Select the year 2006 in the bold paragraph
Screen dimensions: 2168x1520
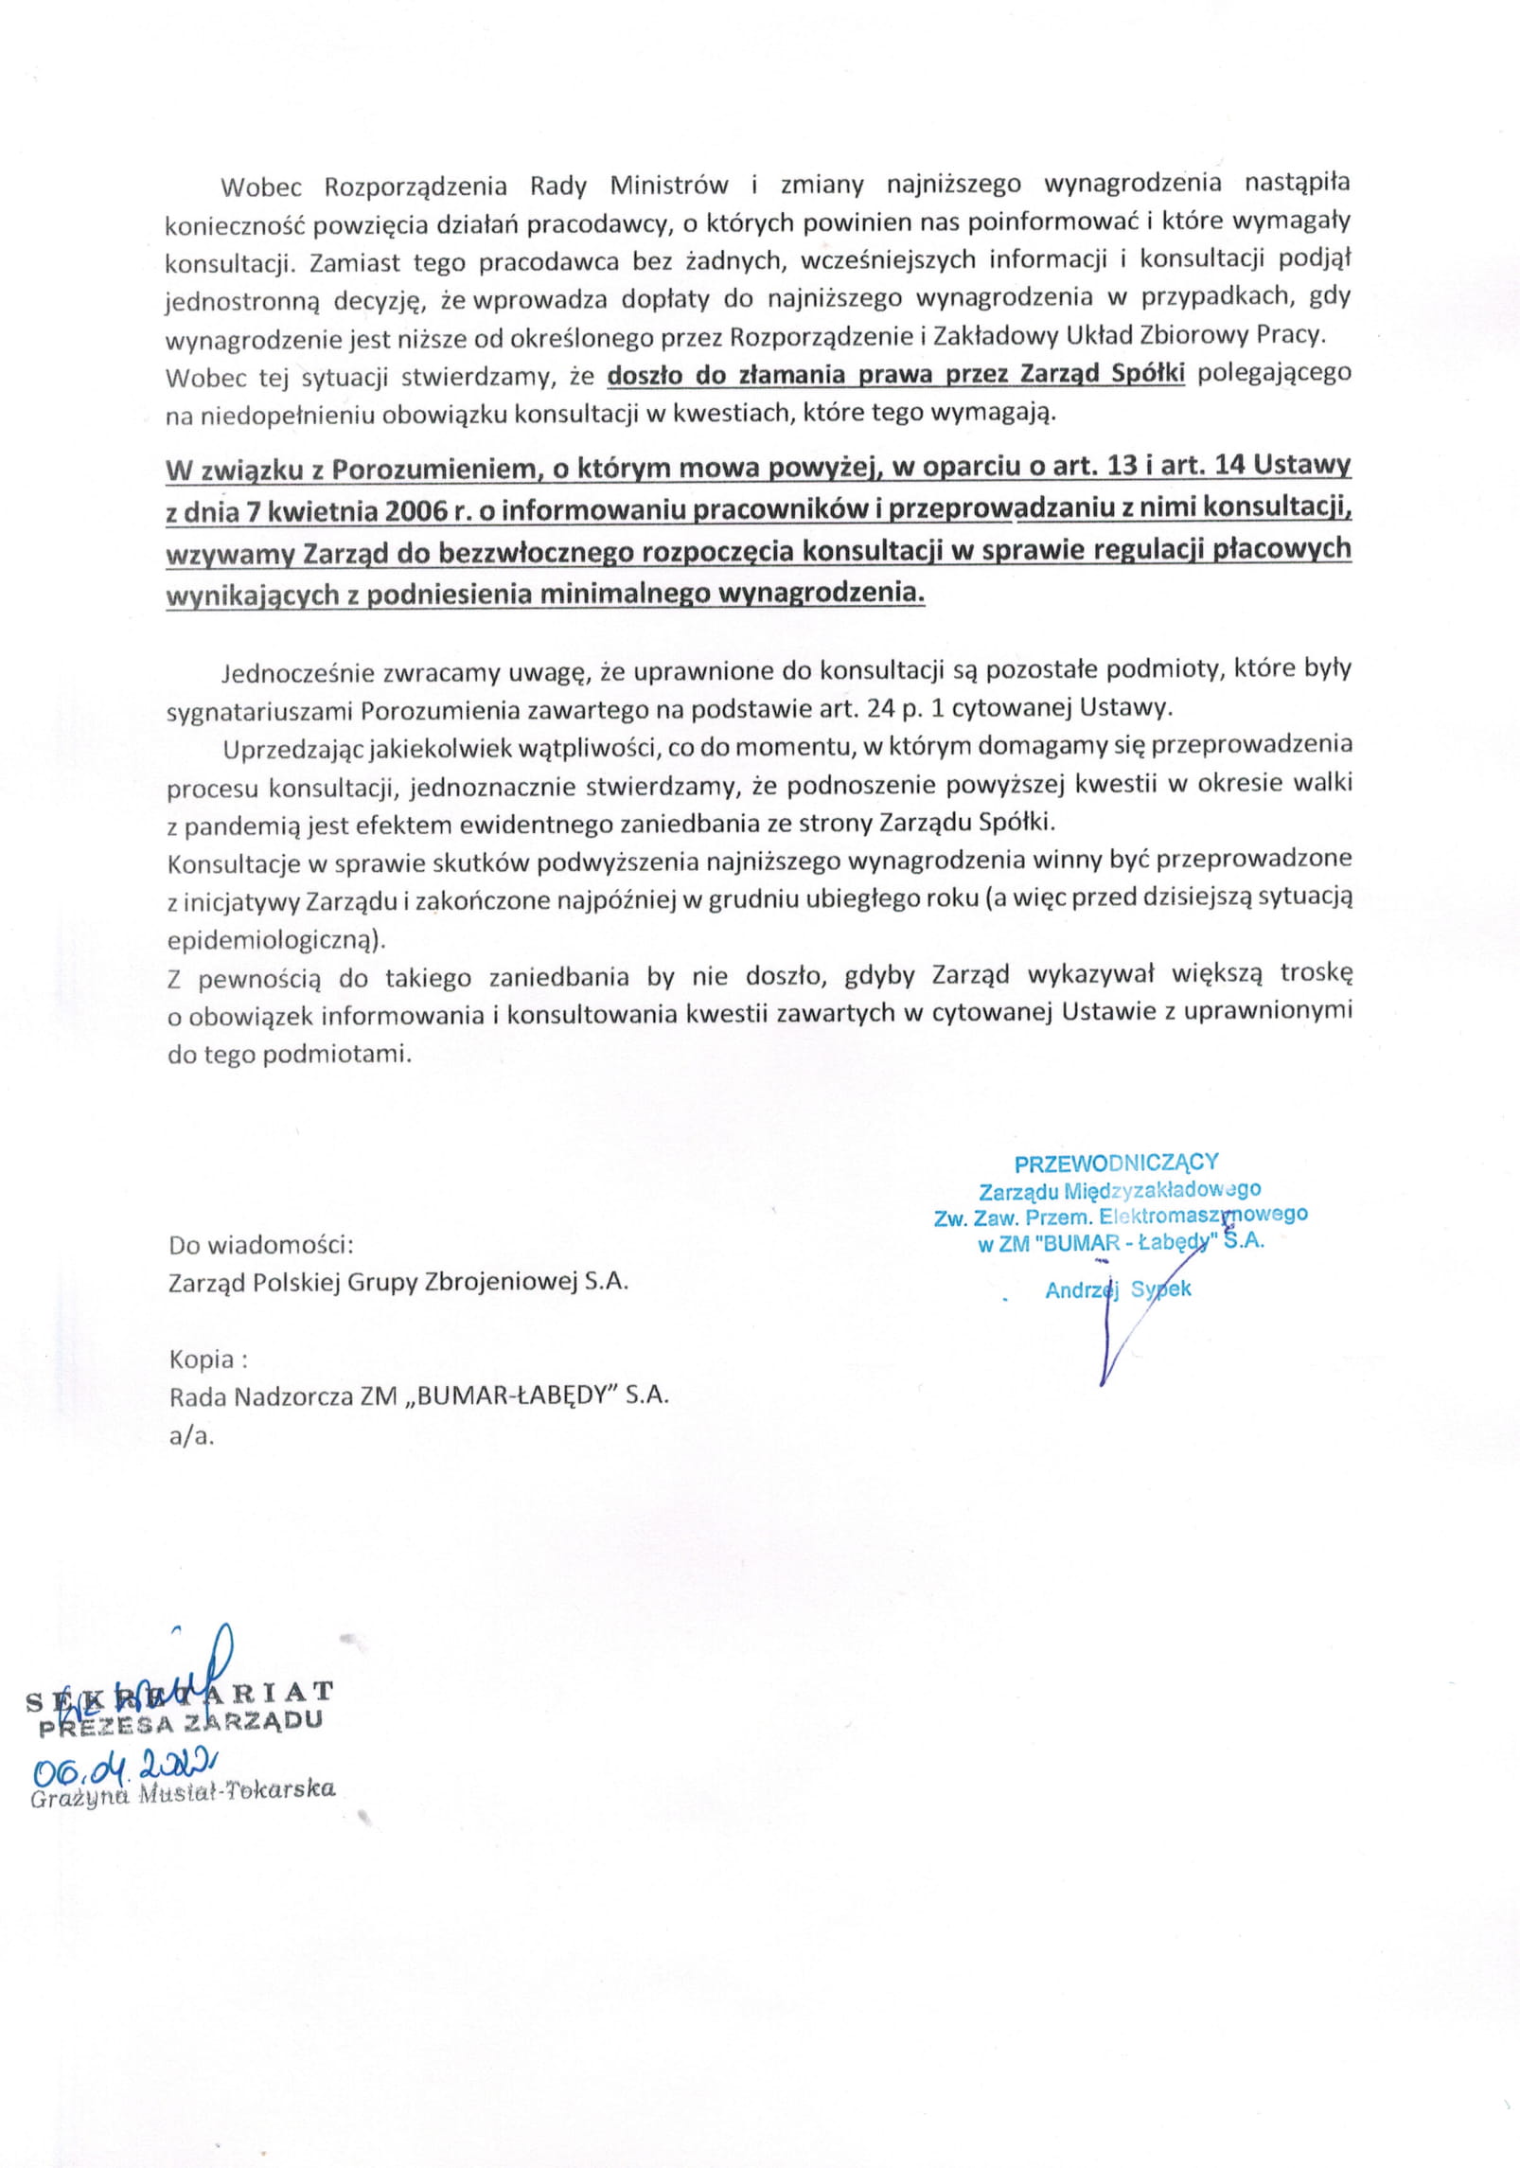click(x=417, y=510)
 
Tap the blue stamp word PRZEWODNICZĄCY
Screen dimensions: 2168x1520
click(x=1116, y=1163)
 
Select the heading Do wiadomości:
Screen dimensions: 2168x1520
click(x=260, y=1244)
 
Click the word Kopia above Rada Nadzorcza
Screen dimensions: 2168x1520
click(x=201, y=1359)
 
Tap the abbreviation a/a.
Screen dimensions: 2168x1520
click(x=191, y=1435)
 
